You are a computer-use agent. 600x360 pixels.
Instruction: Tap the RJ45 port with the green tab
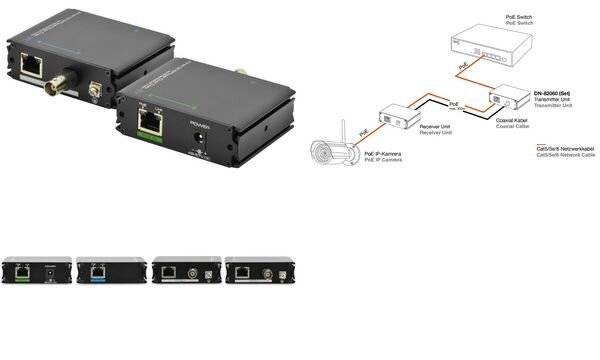tap(150, 123)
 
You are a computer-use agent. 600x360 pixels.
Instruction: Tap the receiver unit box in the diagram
tap(409, 116)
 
